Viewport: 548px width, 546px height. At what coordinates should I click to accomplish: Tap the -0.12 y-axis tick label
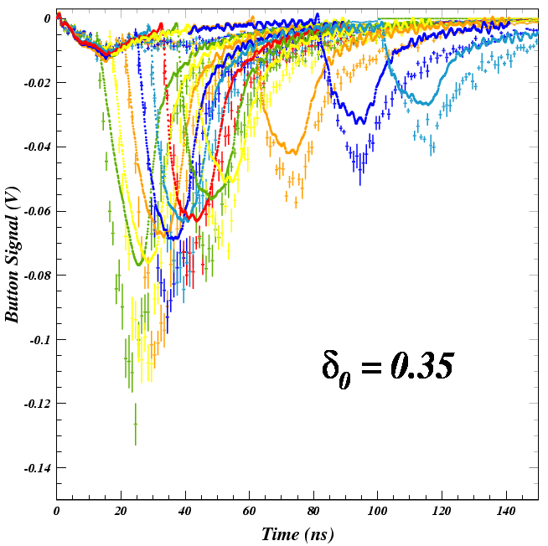click(x=36, y=404)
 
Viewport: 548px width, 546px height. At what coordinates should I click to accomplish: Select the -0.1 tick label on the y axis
click(x=39, y=340)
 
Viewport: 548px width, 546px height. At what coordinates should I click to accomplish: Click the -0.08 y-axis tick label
click(x=36, y=276)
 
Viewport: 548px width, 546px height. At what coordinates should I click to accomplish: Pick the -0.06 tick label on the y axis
click(x=36, y=211)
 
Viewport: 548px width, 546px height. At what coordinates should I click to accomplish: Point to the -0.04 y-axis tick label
click(x=36, y=147)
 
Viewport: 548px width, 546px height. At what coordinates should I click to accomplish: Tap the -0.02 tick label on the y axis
click(x=36, y=83)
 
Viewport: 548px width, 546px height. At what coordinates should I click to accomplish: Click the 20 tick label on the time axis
click(x=121, y=511)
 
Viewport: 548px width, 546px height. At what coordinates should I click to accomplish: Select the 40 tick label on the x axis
click(x=185, y=511)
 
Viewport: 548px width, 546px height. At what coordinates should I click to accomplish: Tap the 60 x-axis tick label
click(x=250, y=511)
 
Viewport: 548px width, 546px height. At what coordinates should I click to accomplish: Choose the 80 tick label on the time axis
click(x=313, y=511)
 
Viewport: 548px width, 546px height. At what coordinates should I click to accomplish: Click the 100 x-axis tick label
click(x=378, y=511)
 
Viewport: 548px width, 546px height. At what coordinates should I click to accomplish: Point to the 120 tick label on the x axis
click(x=442, y=511)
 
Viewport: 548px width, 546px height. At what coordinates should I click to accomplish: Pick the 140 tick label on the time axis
click(x=506, y=511)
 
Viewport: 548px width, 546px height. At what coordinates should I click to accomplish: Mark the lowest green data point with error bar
click(x=136, y=424)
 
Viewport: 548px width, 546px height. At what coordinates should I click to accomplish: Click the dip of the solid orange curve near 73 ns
click(x=291, y=152)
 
